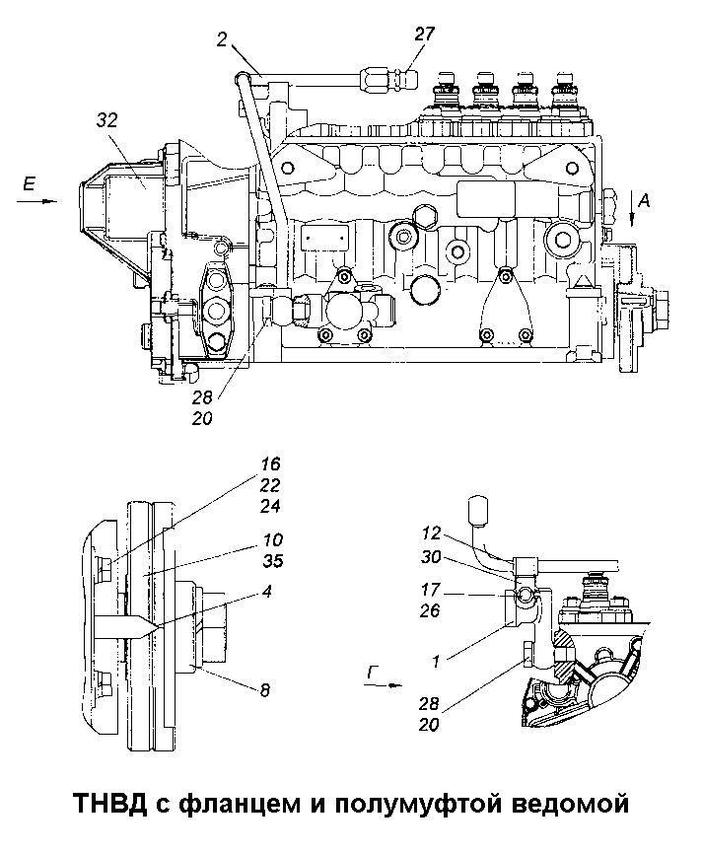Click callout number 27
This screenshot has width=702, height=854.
(425, 34)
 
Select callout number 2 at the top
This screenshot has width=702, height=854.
(222, 39)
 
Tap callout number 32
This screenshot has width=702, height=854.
(107, 120)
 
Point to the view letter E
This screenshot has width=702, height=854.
(29, 184)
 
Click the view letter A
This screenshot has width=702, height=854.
(644, 201)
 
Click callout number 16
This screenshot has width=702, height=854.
(271, 464)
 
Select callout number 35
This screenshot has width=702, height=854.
(273, 560)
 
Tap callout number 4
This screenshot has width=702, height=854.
(266, 591)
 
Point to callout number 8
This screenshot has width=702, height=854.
(265, 690)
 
